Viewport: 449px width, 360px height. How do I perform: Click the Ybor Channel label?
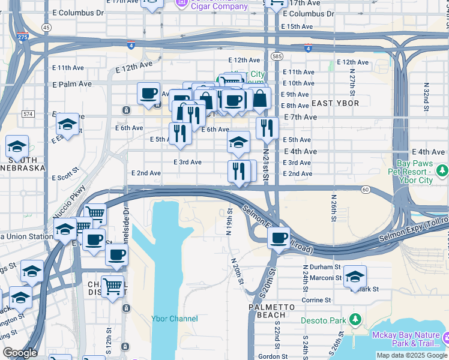tap(175, 319)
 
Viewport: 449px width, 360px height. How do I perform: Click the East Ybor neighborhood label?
tap(336, 103)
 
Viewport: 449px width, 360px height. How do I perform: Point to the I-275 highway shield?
tap(22, 37)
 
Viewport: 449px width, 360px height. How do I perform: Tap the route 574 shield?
tap(28, 113)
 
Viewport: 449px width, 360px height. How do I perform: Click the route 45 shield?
tap(46, 27)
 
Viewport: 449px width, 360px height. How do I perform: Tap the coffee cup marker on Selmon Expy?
tap(279, 238)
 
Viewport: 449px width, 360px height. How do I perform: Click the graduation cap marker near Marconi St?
tap(355, 276)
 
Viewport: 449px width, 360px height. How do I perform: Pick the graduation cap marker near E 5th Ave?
tap(238, 142)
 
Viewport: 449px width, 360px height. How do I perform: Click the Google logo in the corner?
tap(20, 353)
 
